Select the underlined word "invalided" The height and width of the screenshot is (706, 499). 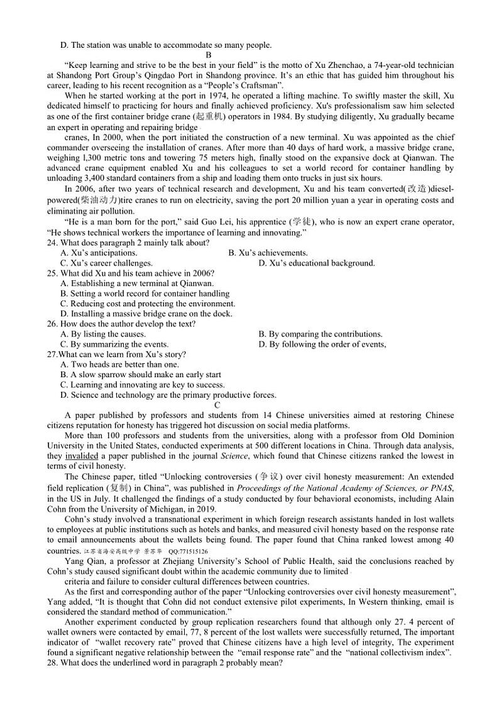pyautogui.click(x=82, y=456)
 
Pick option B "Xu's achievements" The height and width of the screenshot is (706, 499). pyautogui.click(x=268, y=253)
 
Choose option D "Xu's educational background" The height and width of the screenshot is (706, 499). pyautogui.click(x=317, y=263)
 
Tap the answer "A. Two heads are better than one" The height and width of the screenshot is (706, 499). pyautogui.click(x=119, y=364)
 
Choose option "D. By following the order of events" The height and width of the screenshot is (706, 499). pyautogui.click(x=322, y=344)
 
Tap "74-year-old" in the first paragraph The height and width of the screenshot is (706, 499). pyautogui.click(x=398, y=65)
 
